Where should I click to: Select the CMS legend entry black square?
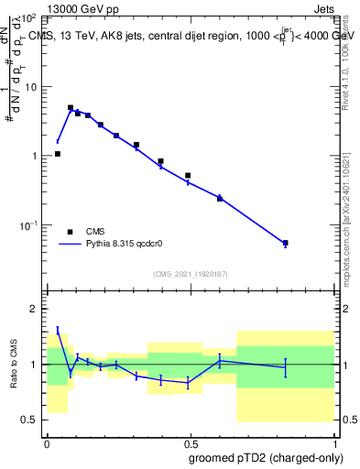pyautogui.click(x=70, y=232)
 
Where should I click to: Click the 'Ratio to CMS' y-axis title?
pyautogui.click(x=15, y=364)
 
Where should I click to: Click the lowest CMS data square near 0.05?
pyautogui.click(x=286, y=244)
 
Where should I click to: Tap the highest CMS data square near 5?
pyautogui.click(x=71, y=107)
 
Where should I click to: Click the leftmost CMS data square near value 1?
pyautogui.click(x=58, y=154)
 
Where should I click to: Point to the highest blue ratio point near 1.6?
pyautogui.click(x=58, y=330)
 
